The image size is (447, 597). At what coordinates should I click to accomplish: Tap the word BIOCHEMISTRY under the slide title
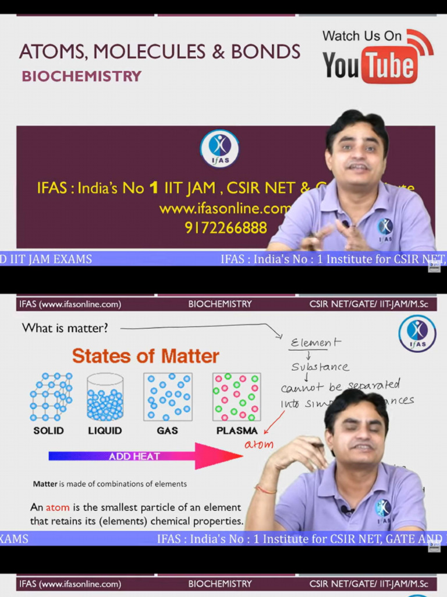pos(81,76)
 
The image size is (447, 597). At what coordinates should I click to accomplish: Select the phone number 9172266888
pos(226,227)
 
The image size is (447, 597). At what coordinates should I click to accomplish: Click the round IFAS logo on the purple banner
pos(219,148)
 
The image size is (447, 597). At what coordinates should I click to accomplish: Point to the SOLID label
pos(48,431)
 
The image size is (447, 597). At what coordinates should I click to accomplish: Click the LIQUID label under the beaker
pos(105,431)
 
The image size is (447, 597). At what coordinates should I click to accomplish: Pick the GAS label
pos(168,431)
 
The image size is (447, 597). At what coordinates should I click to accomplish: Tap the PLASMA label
pos(236,431)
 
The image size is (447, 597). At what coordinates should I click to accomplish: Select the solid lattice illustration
pos(51,397)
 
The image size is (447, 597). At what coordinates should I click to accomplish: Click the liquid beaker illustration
pos(105,397)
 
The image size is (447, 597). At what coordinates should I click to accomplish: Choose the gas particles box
pos(168,397)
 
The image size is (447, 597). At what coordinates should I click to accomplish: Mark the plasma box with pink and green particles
pos(236,397)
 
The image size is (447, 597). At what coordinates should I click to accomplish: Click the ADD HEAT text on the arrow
pos(134,456)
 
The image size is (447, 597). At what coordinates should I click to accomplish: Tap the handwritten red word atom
pos(258,445)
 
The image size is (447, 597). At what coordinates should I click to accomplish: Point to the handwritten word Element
pos(315,343)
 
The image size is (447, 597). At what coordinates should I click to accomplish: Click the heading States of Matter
pos(146,356)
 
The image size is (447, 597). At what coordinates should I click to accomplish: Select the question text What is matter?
pos(65,328)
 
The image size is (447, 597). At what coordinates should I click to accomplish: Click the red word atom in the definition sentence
pos(58,507)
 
